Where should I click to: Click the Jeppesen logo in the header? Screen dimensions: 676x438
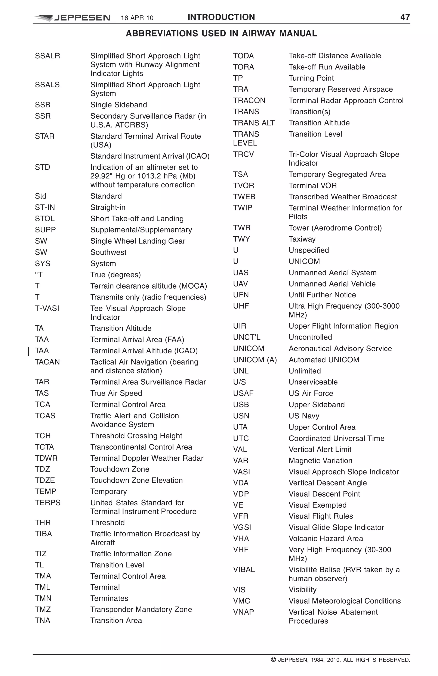72,18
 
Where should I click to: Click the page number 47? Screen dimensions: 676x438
405,17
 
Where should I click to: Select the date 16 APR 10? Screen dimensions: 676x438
137,18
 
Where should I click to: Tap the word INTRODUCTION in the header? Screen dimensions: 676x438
221,17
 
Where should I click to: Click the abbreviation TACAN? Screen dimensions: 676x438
47,362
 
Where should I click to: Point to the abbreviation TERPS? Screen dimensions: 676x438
47,503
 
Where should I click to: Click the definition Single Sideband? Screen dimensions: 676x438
118,105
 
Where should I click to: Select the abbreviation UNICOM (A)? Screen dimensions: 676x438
255,360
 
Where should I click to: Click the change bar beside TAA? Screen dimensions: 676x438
28,351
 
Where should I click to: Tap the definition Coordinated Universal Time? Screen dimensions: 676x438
336,438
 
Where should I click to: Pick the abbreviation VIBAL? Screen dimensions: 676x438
244,569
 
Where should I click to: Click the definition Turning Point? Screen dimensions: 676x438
311,78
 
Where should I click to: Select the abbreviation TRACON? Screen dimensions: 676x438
249,101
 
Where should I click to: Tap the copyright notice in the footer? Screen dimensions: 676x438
340,660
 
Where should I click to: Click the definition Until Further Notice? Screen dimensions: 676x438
322,295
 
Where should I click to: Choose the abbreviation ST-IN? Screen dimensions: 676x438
45,207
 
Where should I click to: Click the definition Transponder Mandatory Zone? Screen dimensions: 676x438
141,609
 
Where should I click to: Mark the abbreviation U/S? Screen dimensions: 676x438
239,382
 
